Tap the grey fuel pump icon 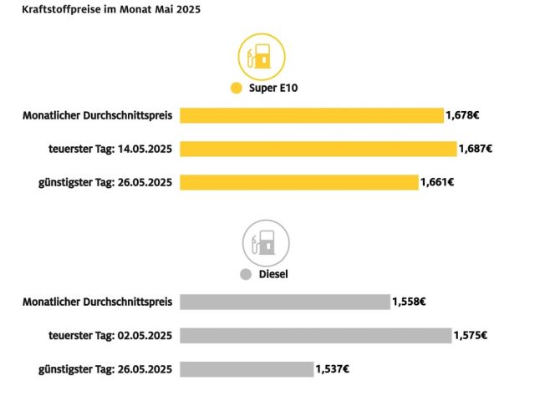click(x=266, y=243)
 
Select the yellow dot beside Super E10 click(x=237, y=89)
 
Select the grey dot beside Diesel click(x=245, y=273)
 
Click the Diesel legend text click(x=273, y=273)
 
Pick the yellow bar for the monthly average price click(x=311, y=115)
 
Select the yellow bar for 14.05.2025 click(x=318, y=149)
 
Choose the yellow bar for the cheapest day click(x=298, y=182)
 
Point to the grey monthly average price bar click(x=284, y=302)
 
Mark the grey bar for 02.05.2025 click(x=315, y=335)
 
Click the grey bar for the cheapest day click(x=246, y=368)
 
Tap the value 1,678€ click(x=461, y=115)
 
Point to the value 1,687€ click(x=475, y=149)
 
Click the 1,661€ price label click(x=436, y=182)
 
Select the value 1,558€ click(x=409, y=302)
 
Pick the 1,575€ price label click(x=470, y=335)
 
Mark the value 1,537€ click(x=332, y=368)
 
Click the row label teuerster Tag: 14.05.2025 click(x=110, y=149)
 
